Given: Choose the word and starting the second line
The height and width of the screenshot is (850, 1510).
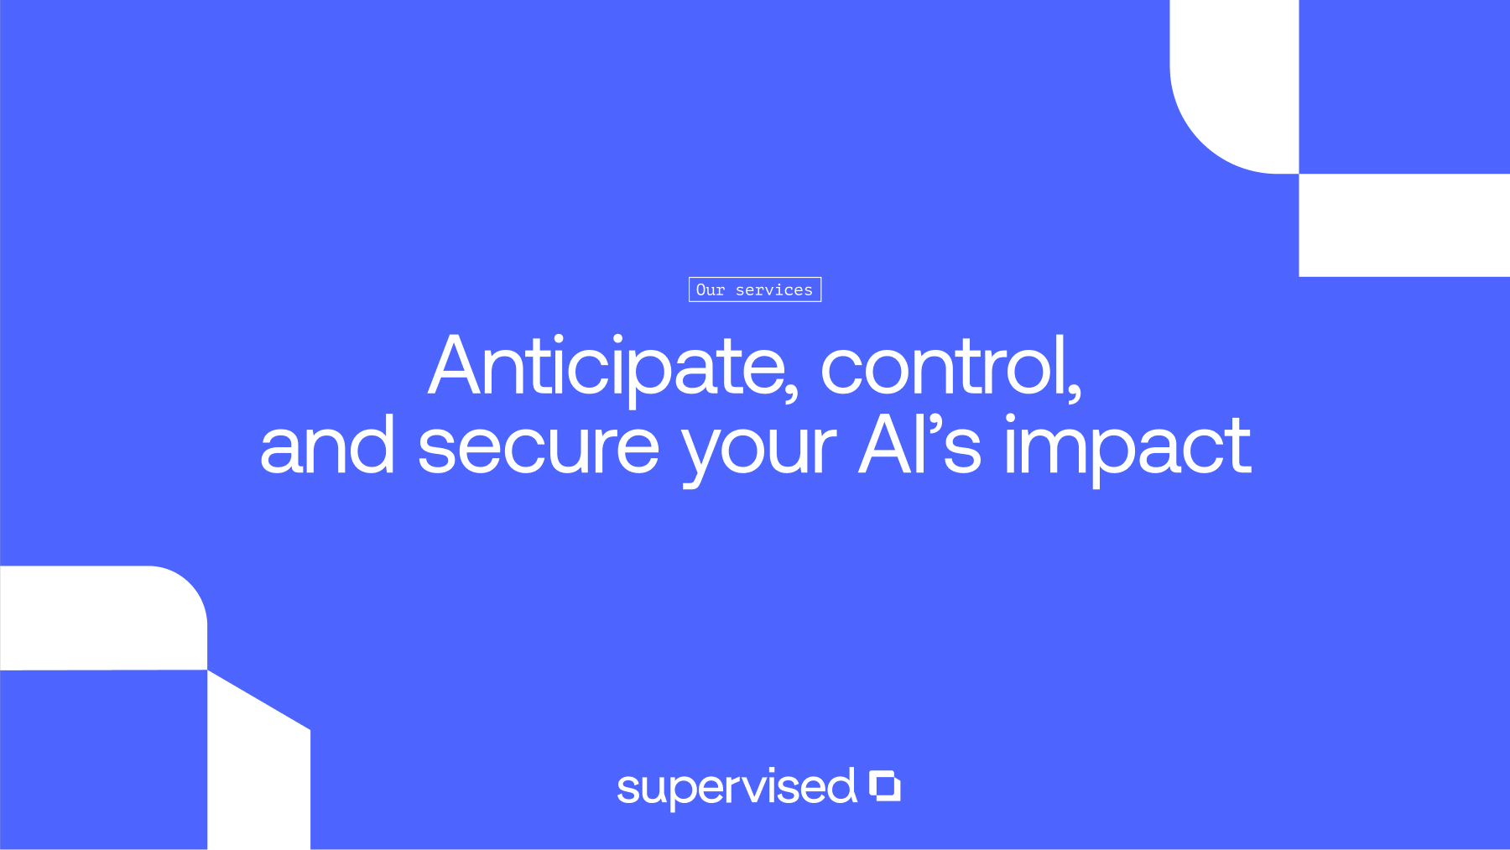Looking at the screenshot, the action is coord(327,445).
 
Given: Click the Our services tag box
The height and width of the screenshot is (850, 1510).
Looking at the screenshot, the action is coord(755,289).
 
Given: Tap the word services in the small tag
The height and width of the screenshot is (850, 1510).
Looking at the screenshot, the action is coord(774,290).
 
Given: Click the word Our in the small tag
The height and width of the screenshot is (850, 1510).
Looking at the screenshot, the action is coord(711,289).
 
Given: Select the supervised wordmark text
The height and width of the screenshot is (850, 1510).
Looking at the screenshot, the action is coord(737,788).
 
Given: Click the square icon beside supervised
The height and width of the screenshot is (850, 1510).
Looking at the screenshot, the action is coord(884,785).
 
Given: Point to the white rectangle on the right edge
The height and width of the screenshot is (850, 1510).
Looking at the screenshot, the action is coord(1404,225).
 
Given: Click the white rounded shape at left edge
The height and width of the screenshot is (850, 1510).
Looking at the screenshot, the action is coord(103,618).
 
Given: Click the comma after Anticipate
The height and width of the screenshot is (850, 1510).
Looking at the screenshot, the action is coord(790,389).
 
